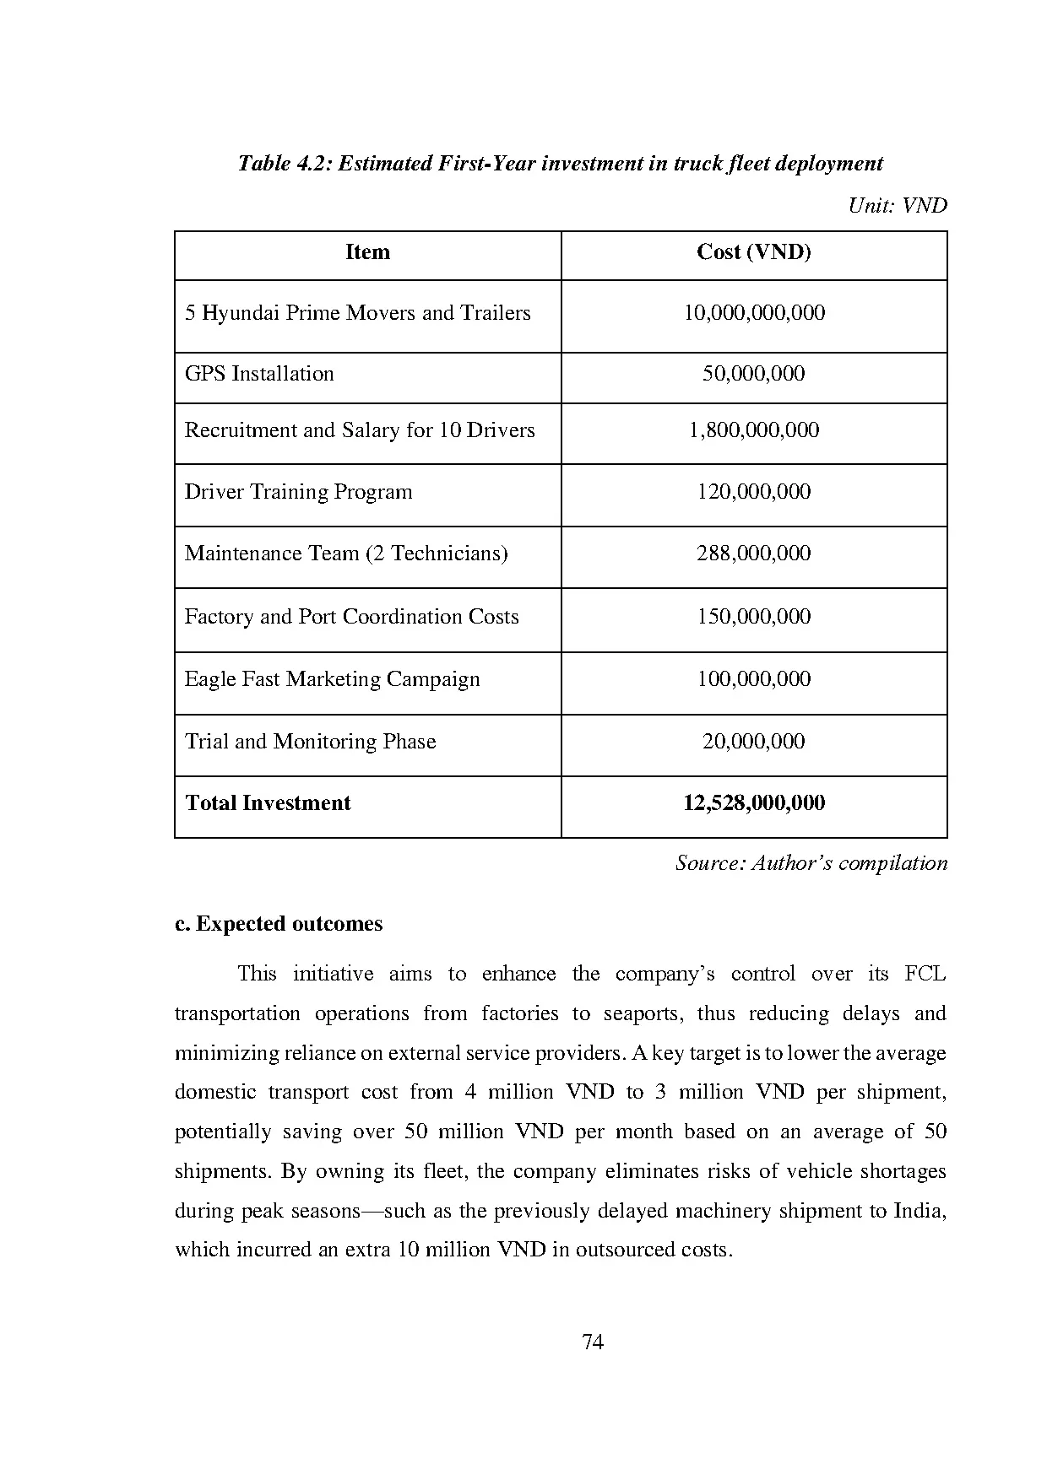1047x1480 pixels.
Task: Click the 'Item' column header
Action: (367, 252)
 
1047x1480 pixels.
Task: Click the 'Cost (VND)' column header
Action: (753, 252)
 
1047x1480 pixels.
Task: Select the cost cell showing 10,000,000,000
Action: (753, 313)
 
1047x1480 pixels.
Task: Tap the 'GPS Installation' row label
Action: (259, 374)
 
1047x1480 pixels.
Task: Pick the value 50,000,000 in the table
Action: (753, 374)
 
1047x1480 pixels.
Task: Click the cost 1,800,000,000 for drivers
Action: (753, 430)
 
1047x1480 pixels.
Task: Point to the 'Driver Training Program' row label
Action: (298, 492)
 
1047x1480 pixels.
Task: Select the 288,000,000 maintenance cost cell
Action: (753, 554)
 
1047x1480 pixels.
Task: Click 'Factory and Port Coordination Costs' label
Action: (351, 617)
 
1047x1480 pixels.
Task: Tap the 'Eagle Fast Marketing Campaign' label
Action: (332, 679)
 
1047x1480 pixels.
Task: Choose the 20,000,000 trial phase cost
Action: (753, 742)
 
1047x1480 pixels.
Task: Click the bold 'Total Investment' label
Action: (268, 803)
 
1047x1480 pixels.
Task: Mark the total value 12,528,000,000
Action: (753, 803)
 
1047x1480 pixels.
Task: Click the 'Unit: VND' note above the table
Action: (897, 206)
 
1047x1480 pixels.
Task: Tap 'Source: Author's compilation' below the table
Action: (811, 863)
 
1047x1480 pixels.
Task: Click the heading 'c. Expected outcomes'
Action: (279, 924)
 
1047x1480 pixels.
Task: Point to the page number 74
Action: (593, 1342)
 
